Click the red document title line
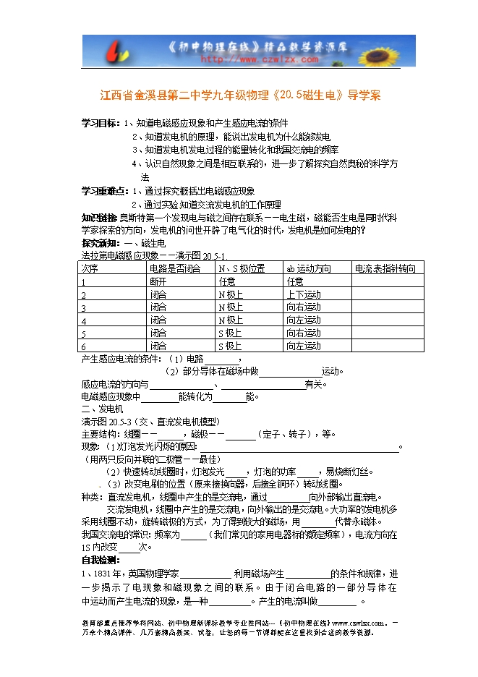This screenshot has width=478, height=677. click(x=239, y=95)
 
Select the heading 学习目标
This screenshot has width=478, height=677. click(x=101, y=123)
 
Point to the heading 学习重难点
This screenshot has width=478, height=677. click(x=106, y=191)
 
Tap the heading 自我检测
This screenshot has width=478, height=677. click(x=101, y=560)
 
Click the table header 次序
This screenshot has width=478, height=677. click(x=89, y=268)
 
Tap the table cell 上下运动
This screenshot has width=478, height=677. click(x=304, y=294)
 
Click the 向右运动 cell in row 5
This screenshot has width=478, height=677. click(x=304, y=333)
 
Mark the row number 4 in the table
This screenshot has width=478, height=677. click(x=84, y=320)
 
